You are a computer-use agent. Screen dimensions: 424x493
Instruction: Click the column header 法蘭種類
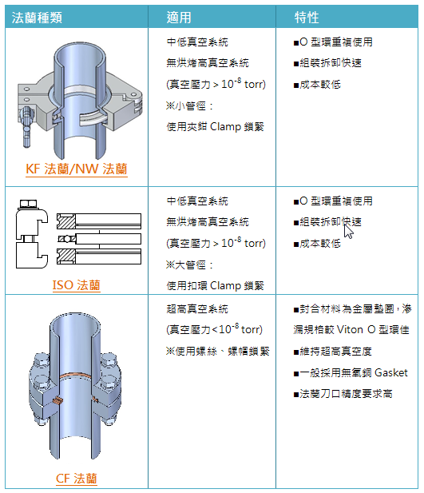point(37,18)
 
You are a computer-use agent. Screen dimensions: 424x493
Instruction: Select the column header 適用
point(179,18)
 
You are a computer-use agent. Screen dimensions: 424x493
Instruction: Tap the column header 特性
point(307,18)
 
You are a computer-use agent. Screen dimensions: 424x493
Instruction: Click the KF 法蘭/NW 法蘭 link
point(77,169)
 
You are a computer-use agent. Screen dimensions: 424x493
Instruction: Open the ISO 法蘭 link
point(77,285)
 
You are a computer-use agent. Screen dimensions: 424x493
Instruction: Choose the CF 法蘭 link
point(77,479)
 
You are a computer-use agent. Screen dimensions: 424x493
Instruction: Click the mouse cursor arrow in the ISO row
point(347,231)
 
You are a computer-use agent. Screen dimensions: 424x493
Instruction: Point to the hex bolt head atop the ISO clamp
point(28,204)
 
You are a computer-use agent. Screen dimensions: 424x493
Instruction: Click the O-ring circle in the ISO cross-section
point(67,239)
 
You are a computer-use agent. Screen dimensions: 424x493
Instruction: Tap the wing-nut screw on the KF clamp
point(26,125)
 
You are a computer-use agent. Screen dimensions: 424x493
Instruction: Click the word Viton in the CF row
point(350,330)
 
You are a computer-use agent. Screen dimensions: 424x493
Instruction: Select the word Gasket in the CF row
point(391,372)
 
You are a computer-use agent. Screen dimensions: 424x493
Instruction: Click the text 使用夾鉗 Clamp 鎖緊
point(216,127)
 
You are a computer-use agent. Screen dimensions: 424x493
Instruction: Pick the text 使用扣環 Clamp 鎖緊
point(216,285)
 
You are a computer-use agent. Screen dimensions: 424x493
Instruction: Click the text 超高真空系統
point(197,308)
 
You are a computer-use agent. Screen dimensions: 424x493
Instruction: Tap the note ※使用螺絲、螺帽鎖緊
point(217,352)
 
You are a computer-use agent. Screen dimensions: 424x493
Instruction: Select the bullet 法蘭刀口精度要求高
point(343,394)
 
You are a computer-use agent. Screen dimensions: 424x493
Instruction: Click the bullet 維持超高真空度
point(332,352)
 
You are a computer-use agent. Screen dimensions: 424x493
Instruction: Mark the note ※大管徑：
point(189,264)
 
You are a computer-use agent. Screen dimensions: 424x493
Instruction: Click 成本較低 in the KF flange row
point(317,85)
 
